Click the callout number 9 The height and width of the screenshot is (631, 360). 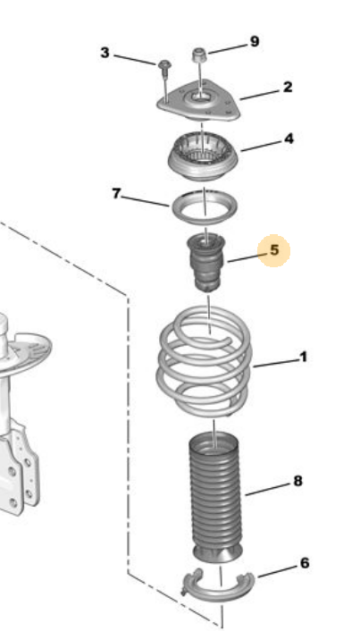click(x=255, y=41)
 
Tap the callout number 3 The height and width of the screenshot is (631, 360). click(x=105, y=53)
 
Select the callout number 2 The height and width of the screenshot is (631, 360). click(x=288, y=87)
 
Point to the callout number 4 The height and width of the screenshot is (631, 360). click(x=289, y=139)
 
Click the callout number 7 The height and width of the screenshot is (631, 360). click(x=116, y=194)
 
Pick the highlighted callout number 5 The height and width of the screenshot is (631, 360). click(x=274, y=250)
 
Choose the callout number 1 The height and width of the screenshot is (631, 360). click(x=304, y=357)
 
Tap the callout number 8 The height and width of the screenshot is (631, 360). click(x=297, y=481)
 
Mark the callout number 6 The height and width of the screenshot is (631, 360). click(x=305, y=563)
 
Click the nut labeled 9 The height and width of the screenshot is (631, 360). click(x=198, y=55)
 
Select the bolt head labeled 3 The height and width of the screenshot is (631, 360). click(x=164, y=65)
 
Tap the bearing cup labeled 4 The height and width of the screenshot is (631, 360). click(x=203, y=157)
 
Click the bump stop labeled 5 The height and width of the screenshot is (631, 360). click(x=205, y=262)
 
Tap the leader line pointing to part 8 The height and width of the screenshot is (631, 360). click(x=268, y=489)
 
